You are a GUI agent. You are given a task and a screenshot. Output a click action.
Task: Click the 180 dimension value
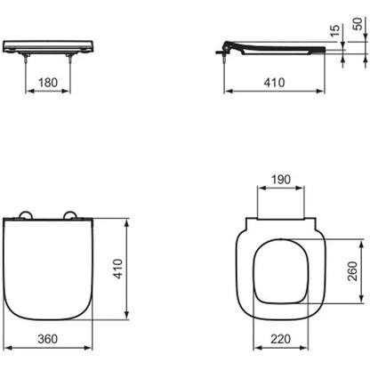click(48, 83)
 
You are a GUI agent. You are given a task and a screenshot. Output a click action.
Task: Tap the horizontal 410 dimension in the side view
click(274, 83)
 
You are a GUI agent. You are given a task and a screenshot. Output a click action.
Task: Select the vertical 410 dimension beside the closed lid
click(118, 269)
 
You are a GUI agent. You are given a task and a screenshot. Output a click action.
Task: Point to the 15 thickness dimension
click(334, 30)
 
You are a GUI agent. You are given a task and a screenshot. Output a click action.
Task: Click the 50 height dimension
click(358, 24)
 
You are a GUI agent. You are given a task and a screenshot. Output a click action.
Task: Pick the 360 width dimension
click(48, 339)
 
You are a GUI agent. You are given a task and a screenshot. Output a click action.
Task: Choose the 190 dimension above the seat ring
click(281, 180)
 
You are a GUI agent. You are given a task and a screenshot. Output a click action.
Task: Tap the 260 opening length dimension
click(353, 270)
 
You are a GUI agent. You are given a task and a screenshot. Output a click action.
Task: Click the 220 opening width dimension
click(280, 339)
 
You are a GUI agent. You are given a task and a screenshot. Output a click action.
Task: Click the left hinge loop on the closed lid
click(25, 213)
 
